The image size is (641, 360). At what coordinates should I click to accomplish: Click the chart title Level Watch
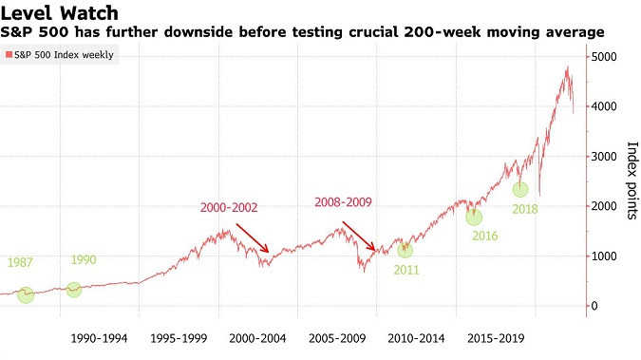(60, 13)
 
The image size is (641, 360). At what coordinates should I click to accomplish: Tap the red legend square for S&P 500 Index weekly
(9, 54)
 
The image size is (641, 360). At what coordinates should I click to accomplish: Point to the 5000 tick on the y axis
(604, 56)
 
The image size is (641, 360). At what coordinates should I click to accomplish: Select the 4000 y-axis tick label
(604, 106)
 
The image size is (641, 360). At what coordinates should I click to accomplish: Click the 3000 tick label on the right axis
(604, 157)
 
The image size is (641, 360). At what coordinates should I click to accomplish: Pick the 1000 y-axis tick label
(604, 256)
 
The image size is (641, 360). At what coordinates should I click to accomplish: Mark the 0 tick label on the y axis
(594, 306)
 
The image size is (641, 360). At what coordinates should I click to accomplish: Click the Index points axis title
(632, 180)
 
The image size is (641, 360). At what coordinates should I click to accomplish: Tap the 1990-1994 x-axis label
(99, 339)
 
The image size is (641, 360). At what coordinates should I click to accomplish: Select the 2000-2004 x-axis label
(257, 339)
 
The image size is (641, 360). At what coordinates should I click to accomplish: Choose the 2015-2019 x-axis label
(496, 339)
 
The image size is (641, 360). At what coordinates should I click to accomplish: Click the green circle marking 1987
(26, 294)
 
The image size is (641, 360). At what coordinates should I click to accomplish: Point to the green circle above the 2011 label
(405, 250)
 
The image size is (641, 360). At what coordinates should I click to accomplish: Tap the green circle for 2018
(520, 189)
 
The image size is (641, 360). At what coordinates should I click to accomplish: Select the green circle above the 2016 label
(474, 218)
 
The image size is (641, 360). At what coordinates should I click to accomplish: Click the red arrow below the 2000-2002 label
(253, 238)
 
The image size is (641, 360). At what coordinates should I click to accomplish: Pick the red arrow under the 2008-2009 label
(359, 237)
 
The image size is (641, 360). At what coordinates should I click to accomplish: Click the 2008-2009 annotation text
(343, 202)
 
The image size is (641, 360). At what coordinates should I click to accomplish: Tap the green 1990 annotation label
(84, 259)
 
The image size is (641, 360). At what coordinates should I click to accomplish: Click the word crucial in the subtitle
(373, 32)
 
